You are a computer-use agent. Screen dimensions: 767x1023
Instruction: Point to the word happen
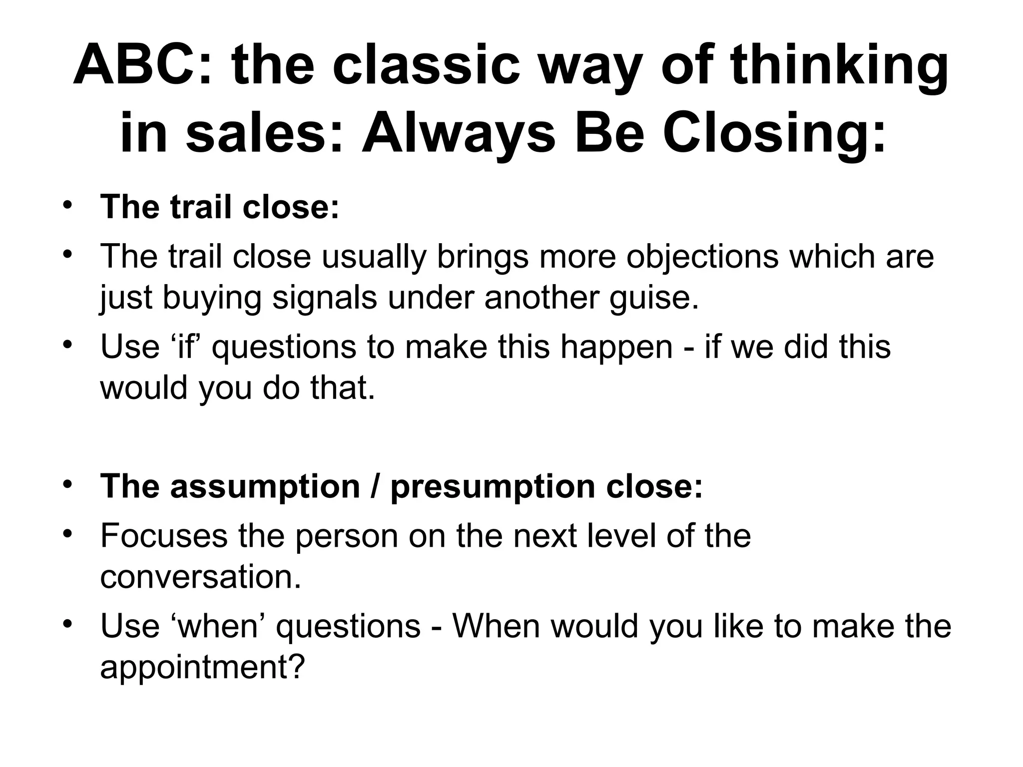[x=616, y=347]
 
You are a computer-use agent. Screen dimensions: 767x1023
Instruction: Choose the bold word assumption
[x=264, y=487]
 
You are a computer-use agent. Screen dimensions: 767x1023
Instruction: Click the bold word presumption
[x=493, y=487]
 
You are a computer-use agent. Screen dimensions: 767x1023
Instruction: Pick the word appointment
[x=202, y=667]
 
